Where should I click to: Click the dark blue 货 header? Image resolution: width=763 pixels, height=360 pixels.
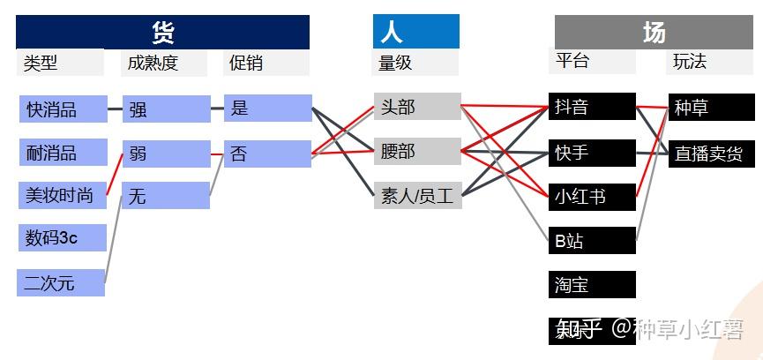tap(163, 33)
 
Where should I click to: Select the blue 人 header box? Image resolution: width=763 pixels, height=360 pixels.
tap(415, 33)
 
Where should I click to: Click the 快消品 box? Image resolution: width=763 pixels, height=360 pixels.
tap(63, 109)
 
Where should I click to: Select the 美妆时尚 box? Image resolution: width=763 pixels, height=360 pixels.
tap(63, 196)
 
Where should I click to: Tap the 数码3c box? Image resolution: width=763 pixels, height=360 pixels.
tap(63, 238)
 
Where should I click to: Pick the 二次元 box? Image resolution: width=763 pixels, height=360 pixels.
tap(61, 283)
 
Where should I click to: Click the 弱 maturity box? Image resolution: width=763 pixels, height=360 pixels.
tap(166, 154)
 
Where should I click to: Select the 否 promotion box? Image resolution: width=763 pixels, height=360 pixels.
tap(267, 154)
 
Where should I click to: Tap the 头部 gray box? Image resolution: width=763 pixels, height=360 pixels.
tap(416, 107)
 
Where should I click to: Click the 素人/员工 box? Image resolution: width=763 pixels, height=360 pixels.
tap(416, 196)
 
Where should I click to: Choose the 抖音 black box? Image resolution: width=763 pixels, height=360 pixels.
tap(591, 107)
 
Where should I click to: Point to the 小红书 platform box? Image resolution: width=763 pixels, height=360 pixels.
tap(591, 196)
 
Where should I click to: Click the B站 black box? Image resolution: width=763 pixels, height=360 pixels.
tap(591, 240)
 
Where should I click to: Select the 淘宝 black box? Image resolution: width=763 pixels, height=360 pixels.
tap(591, 284)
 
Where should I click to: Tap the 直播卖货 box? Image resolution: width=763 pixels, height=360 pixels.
tap(711, 153)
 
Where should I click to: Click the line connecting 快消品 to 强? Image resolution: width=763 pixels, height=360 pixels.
tap(115, 109)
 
